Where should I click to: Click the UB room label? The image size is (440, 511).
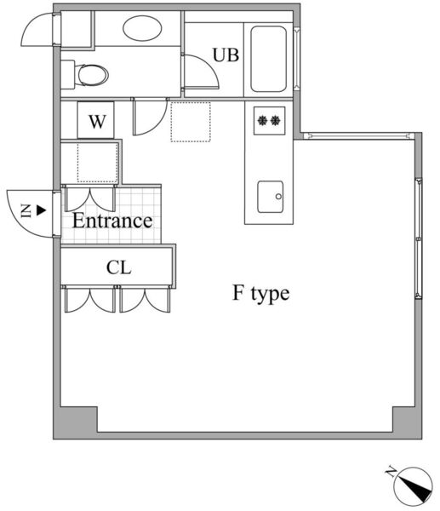point(226,55)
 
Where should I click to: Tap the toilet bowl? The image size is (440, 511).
point(93,75)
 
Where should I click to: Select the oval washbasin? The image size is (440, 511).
point(142,28)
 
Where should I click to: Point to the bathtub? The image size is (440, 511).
point(269,59)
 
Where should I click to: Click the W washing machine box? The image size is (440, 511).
point(96,120)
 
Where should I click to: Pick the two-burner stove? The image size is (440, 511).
point(269,121)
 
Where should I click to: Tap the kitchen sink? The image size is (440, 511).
point(271,197)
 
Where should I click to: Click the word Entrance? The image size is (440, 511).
point(112,221)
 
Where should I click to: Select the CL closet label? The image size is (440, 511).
point(119,268)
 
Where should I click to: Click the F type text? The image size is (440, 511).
point(261,293)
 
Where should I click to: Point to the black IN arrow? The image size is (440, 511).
point(41,210)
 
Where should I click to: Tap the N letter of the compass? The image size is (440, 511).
point(391,472)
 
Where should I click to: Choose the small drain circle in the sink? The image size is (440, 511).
point(278,197)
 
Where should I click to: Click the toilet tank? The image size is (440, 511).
point(68,75)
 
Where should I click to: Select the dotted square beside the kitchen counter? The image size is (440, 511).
point(191,122)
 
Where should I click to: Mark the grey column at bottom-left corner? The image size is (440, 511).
point(76,422)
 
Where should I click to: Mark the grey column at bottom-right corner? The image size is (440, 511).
point(407,422)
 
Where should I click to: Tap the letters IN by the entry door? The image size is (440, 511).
point(26,211)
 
